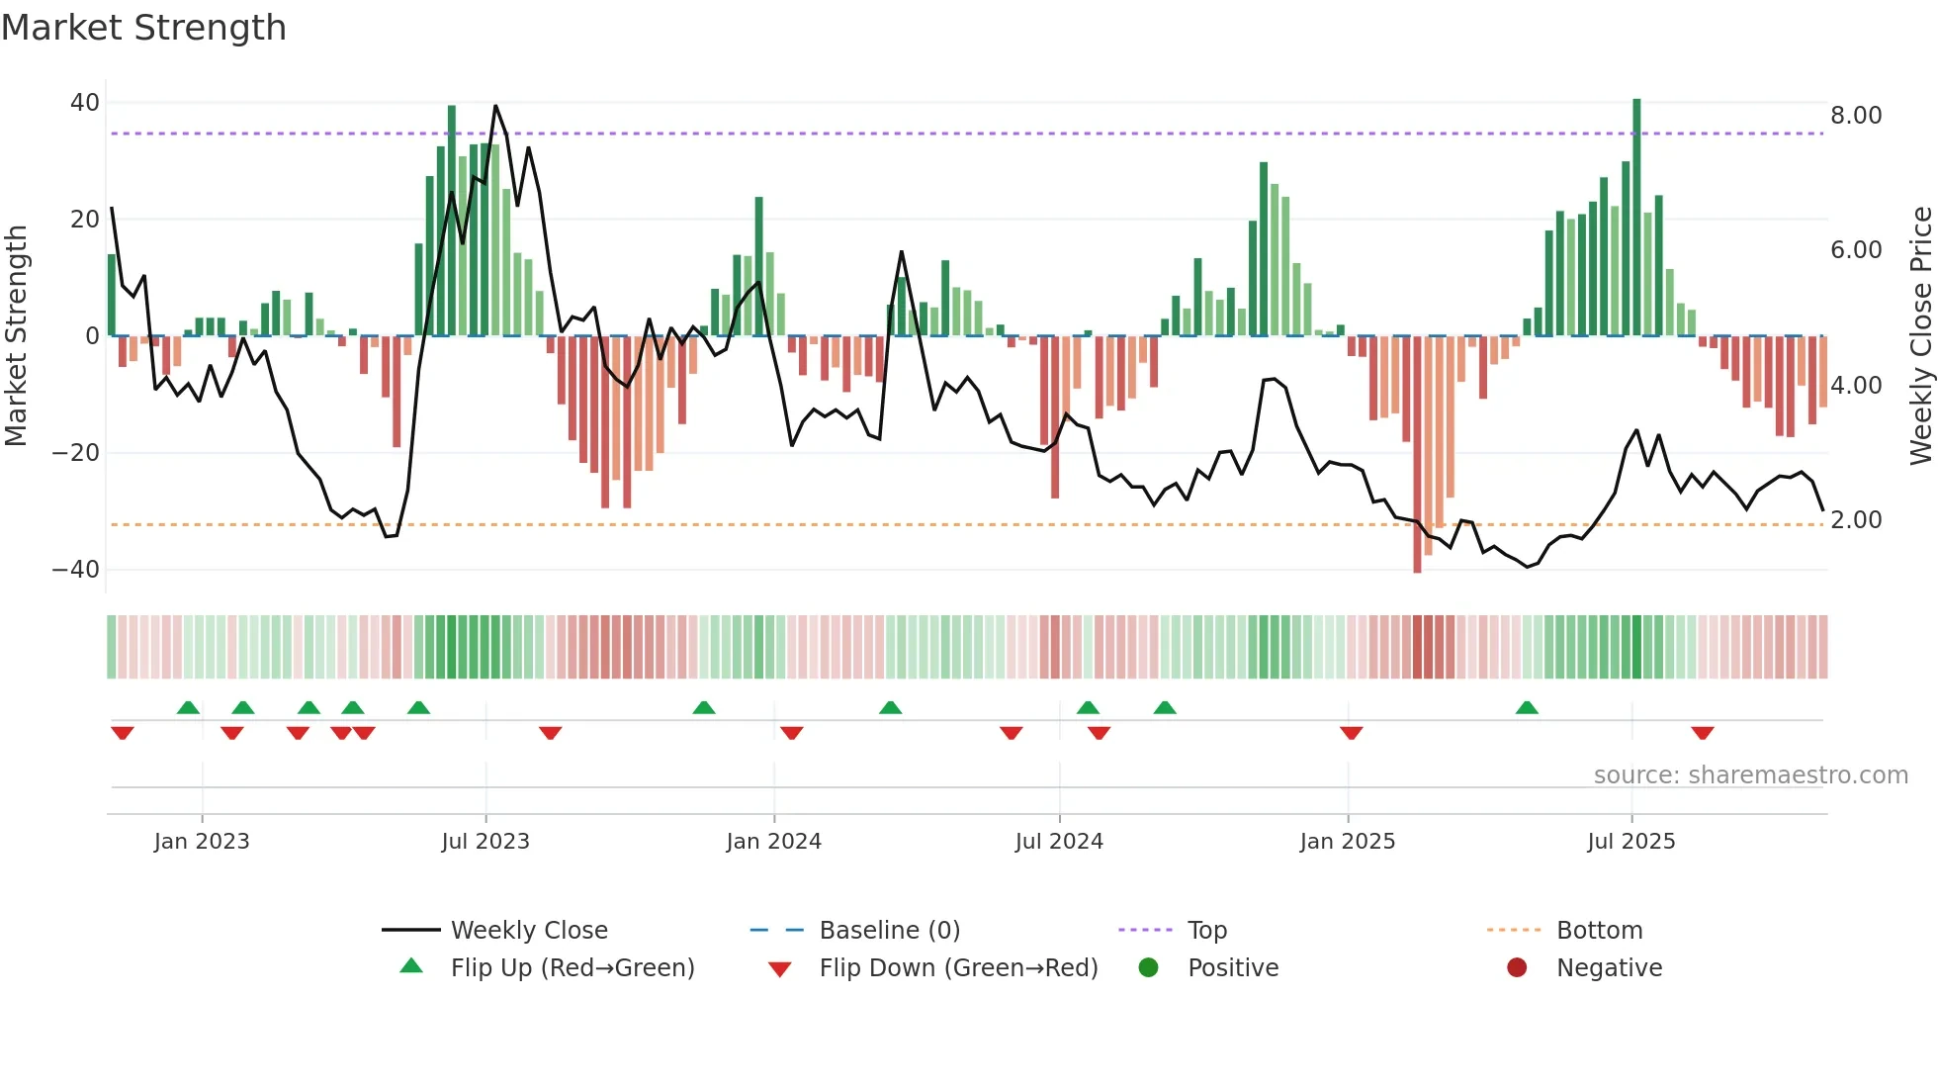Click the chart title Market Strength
143,28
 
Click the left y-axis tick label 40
84,103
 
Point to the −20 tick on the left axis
75,453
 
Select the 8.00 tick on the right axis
1856,116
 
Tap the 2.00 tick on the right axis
1856,520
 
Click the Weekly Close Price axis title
1920,335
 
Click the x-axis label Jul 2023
485,842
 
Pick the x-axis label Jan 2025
1347,842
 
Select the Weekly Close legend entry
529,931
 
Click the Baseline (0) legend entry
889,931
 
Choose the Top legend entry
1206,931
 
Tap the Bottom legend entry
1599,931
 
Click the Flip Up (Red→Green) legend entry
573,968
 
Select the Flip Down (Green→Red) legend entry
958,968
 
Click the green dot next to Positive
1148,968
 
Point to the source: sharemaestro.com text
1750,775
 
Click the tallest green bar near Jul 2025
1636,218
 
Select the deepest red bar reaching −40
1417,455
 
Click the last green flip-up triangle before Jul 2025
1527,708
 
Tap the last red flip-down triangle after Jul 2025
1702,733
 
